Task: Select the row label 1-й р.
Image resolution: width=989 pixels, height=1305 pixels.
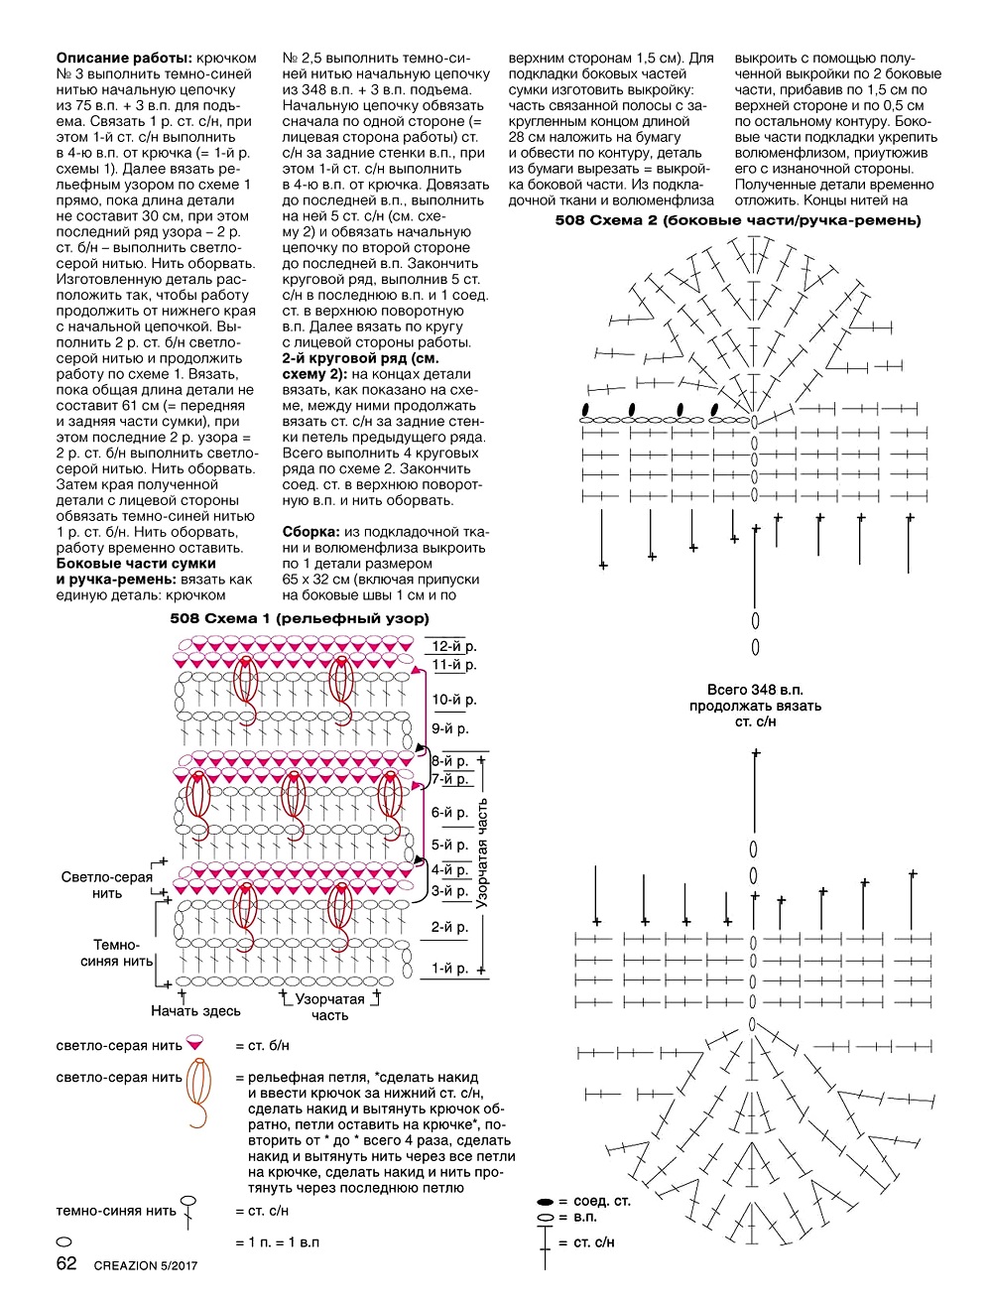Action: (x=449, y=969)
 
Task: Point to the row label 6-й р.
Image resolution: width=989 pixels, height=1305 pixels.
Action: (x=449, y=813)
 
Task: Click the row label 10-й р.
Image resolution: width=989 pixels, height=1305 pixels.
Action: (x=453, y=700)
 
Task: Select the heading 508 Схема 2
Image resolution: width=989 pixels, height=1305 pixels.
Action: (x=738, y=220)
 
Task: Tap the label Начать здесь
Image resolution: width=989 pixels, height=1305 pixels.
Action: (x=195, y=1010)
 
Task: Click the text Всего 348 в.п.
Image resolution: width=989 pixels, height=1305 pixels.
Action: (x=755, y=690)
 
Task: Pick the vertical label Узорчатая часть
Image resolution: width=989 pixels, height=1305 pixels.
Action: (x=481, y=853)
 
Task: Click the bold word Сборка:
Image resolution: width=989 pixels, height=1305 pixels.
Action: (x=311, y=532)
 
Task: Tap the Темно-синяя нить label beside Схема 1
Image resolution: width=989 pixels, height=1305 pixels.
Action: (x=116, y=953)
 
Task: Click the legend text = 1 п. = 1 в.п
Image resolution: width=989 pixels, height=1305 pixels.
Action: (x=278, y=1241)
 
